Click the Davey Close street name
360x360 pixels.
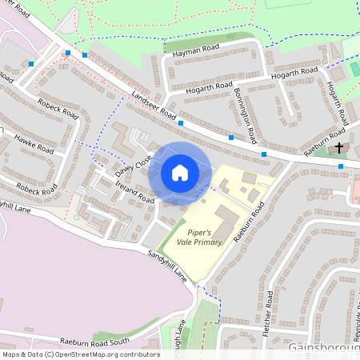[133, 166]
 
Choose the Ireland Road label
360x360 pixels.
[134, 191]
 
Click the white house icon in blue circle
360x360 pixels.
[180, 172]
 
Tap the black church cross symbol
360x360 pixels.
[339, 148]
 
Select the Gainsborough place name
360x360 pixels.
[323, 350]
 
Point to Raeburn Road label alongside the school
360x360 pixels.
[248, 222]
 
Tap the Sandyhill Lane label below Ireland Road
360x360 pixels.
[167, 263]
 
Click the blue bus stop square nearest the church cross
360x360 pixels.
[341, 166]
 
